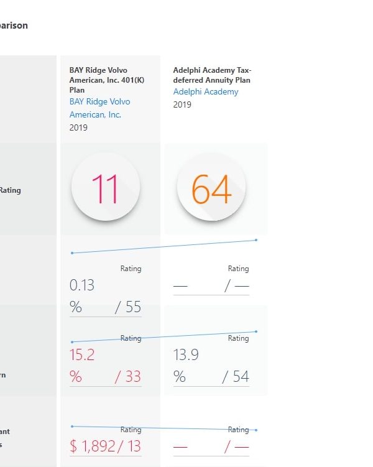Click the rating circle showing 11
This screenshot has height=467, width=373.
105,188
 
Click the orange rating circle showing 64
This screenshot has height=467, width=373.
211,188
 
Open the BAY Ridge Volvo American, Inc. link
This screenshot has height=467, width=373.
99,108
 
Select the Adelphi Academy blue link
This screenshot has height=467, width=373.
205,92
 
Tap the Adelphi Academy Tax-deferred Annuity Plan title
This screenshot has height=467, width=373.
212,75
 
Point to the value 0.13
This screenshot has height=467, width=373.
82,285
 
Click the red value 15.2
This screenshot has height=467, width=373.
82,354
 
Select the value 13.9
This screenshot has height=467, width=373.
186,354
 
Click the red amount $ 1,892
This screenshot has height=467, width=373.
91,446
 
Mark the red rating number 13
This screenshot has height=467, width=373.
133,446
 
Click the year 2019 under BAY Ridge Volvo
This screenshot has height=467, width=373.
78,128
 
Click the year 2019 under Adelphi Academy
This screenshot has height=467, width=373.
182,104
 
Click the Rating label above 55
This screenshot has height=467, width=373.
131,269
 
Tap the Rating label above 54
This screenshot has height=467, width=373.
238,338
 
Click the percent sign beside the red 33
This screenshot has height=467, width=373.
76,376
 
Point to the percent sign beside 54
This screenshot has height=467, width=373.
180,376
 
